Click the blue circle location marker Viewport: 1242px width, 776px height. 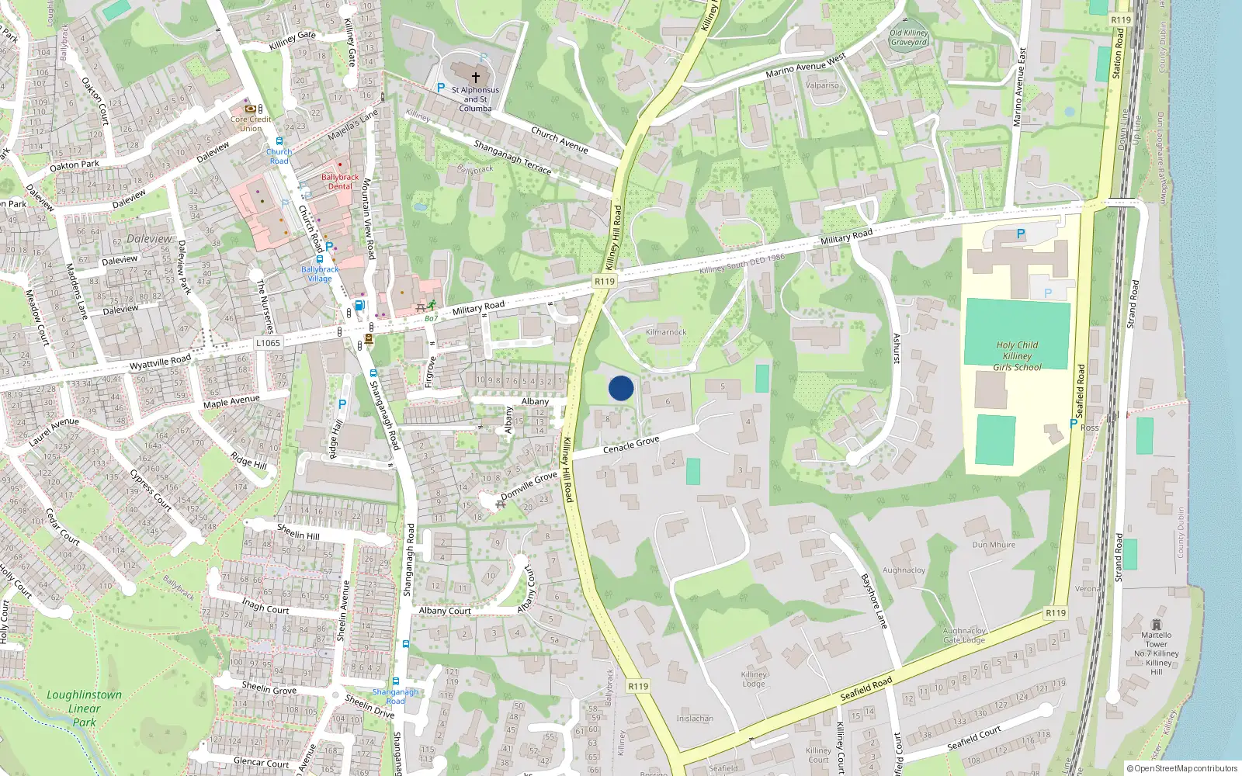(x=621, y=388)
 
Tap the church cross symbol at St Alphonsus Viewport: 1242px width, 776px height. (x=476, y=77)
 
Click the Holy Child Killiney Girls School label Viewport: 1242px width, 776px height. (x=1017, y=356)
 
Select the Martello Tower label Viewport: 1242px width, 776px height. (x=1156, y=639)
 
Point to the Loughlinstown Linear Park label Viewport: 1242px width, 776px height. (x=84, y=708)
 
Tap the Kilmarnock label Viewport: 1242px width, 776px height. (x=666, y=332)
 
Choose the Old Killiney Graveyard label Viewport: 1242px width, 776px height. (x=908, y=37)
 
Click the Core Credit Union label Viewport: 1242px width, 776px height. (x=251, y=123)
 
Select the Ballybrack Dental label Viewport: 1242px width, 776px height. (x=340, y=182)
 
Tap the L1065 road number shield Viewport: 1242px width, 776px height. (x=268, y=343)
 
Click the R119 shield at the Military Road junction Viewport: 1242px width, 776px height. (x=604, y=282)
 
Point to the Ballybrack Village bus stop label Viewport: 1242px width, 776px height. (x=320, y=274)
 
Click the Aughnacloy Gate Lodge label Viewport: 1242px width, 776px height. (x=964, y=636)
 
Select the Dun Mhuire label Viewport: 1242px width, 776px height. (x=994, y=545)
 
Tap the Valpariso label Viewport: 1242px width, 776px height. (x=822, y=85)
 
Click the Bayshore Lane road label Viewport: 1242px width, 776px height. (x=874, y=601)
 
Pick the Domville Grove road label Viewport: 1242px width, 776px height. (x=529, y=486)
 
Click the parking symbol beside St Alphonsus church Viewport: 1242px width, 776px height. (x=441, y=88)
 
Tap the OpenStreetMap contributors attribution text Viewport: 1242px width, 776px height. (x=1182, y=769)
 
